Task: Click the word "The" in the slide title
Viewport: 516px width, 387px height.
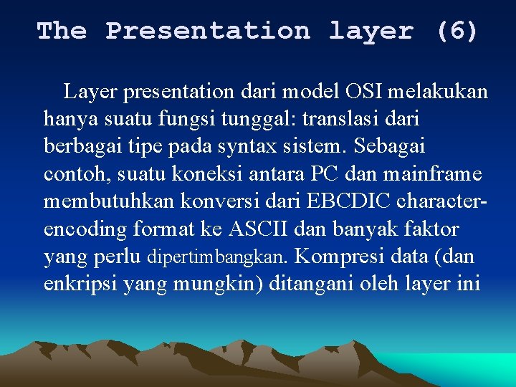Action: click(62, 31)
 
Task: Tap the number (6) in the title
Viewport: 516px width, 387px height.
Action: click(457, 31)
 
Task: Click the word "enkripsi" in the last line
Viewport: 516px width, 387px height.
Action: click(80, 284)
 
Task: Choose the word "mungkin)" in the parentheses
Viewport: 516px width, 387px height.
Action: click(224, 284)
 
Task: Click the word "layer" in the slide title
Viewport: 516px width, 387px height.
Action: click(371, 31)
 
